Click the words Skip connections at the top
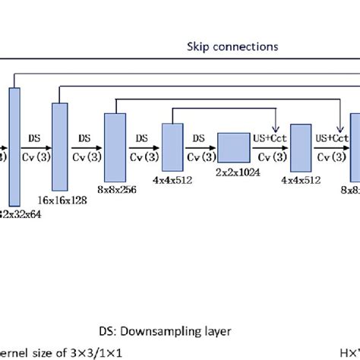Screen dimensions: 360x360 [232, 47]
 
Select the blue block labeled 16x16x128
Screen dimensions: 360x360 [60, 145]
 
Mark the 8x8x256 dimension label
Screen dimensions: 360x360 [116, 191]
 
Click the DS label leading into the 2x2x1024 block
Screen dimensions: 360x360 [199, 138]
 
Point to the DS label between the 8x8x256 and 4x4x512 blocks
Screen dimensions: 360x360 [142, 138]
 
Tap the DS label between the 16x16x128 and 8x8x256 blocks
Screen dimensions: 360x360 [87, 138]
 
